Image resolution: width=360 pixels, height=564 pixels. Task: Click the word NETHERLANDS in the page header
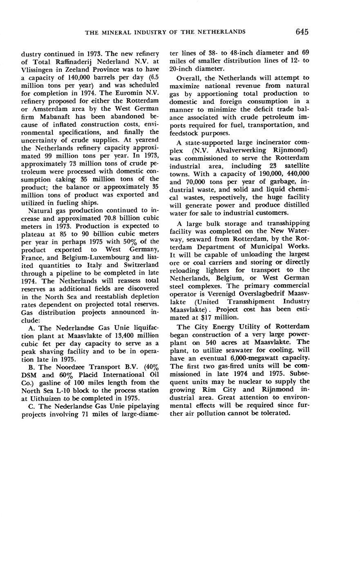coord(223,32)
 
